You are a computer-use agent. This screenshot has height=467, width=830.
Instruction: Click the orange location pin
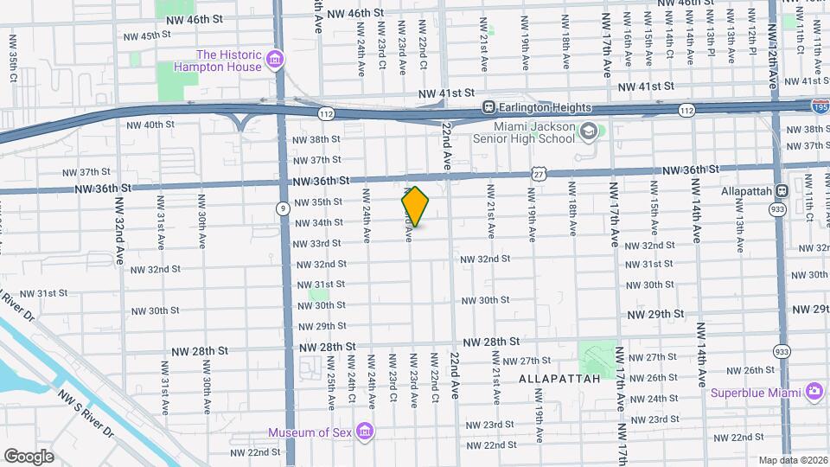(416, 207)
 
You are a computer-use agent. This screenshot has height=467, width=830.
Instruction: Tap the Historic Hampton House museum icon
(275, 59)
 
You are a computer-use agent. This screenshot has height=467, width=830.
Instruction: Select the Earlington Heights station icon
(489, 107)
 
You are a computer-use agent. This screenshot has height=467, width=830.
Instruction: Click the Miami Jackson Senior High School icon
(589, 132)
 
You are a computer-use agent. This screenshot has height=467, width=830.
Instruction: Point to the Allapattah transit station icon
(781, 190)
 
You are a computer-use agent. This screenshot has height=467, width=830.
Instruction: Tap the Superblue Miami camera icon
(814, 392)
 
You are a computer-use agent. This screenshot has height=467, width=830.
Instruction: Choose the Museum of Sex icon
(365, 432)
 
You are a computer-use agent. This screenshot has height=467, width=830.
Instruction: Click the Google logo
(29, 456)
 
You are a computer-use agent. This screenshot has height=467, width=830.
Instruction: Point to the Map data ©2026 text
(792, 460)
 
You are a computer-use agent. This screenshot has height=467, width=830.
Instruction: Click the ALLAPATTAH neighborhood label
(559, 379)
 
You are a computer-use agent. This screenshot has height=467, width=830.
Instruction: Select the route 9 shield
(283, 208)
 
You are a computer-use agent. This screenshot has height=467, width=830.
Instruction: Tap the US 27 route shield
(539, 174)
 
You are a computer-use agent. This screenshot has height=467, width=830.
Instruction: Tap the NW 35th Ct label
(13, 58)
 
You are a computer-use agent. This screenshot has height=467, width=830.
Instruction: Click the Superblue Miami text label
(757, 393)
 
